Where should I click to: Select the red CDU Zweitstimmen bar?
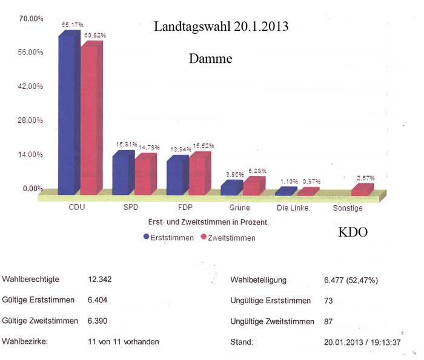90,118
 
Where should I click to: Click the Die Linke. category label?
293,208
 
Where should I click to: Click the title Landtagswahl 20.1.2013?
220,27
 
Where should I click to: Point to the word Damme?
210,59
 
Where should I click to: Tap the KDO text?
353,232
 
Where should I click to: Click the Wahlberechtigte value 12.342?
100,280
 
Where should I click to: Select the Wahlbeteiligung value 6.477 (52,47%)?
351,280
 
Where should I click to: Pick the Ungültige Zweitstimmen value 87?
330,321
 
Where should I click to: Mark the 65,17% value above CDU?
72,25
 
